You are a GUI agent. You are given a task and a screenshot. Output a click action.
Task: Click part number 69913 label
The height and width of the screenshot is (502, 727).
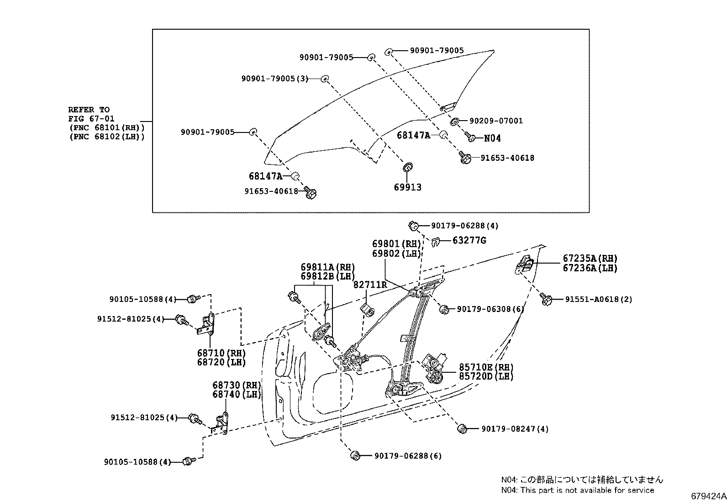tap(407, 187)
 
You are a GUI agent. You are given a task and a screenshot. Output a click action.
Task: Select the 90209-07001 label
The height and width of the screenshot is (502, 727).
tap(496, 121)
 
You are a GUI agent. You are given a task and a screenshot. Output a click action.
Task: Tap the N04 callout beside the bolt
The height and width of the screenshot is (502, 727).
tap(492, 138)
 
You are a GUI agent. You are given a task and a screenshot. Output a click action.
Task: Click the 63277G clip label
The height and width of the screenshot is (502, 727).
tap(469, 240)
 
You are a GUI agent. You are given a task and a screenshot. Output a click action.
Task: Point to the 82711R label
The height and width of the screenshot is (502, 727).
tap(370, 285)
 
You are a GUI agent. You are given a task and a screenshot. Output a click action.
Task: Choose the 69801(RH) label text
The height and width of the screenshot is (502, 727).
tap(396, 244)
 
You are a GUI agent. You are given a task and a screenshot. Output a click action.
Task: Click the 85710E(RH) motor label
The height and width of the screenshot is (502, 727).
tap(486, 367)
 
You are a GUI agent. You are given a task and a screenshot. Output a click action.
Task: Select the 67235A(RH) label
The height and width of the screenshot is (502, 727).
tap(590, 258)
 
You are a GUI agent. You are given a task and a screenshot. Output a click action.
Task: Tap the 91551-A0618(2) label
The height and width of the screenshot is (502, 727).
tap(599, 299)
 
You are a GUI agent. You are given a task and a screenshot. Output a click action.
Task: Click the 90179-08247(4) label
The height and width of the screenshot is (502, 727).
tap(515, 429)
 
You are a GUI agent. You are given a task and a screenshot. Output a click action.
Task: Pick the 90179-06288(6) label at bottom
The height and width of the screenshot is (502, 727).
tap(408, 456)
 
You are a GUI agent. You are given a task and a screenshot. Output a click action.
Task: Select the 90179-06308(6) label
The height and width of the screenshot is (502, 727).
tap(490, 309)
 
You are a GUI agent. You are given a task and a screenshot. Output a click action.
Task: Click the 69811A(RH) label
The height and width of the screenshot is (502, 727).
tap(327, 267)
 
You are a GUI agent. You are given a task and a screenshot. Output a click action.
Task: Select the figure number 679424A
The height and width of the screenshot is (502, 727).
tap(708, 496)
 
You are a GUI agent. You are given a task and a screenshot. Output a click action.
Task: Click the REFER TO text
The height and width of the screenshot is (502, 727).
tap(89, 110)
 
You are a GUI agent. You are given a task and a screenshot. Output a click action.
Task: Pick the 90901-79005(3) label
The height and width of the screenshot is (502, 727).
tap(275, 79)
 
